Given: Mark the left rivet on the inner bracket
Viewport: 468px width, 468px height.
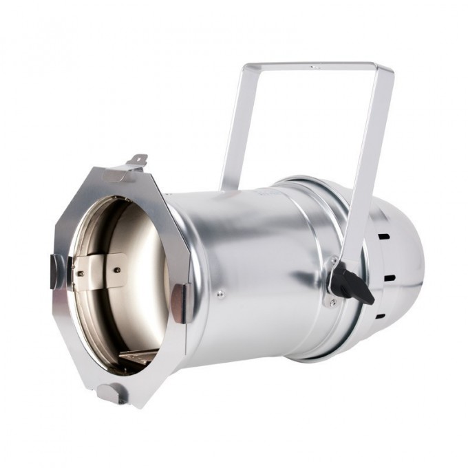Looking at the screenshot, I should click(x=81, y=274).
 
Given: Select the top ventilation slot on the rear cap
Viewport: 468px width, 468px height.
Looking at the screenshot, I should click(x=383, y=236).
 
